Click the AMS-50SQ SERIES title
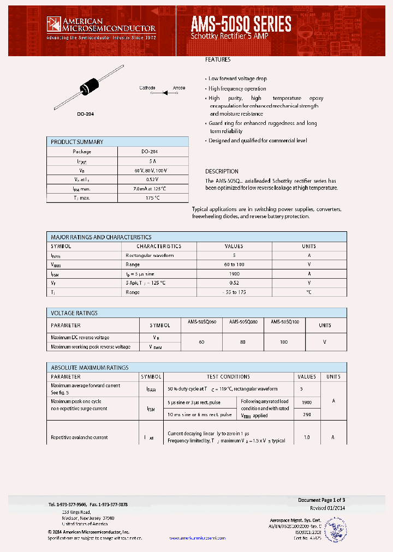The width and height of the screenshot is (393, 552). click(x=241, y=23)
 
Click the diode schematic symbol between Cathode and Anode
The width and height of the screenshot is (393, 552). click(x=164, y=93)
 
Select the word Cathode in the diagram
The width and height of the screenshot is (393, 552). click(x=147, y=88)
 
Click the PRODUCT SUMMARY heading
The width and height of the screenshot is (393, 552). click(x=77, y=142)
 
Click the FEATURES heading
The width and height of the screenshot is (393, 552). click(x=218, y=59)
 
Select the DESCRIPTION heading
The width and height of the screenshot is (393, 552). click(x=222, y=171)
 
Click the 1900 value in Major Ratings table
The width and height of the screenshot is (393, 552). click(x=234, y=274)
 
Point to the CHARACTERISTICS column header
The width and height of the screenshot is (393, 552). click(x=159, y=246)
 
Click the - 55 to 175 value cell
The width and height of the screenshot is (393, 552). click(x=234, y=292)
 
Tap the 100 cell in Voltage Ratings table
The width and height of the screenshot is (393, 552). click(x=284, y=341)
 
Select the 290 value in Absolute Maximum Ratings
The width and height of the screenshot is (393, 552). click(x=306, y=415)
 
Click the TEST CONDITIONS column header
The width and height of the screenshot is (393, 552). click(x=228, y=377)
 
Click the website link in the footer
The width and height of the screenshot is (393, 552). click(x=197, y=538)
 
